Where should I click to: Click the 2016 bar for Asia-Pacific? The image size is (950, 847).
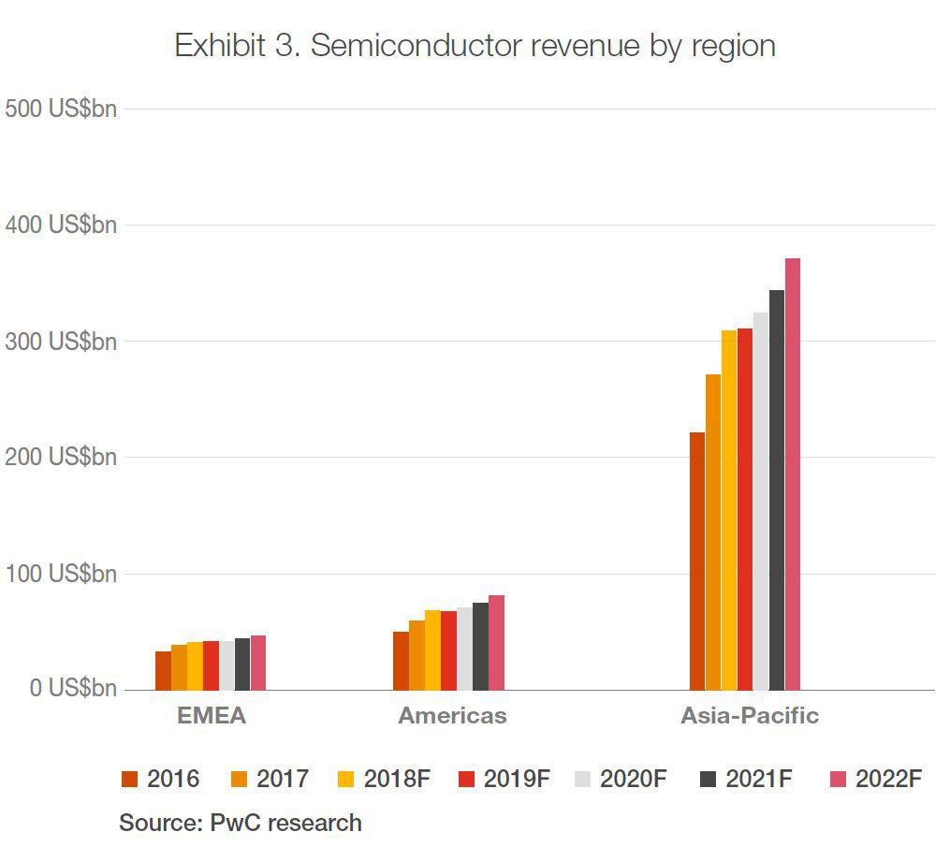click(696, 562)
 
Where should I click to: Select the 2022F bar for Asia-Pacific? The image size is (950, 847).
click(792, 475)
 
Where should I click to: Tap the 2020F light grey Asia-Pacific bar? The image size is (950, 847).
click(760, 502)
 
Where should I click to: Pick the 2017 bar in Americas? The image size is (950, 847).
click(417, 655)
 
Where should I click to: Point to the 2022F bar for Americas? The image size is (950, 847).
click(496, 643)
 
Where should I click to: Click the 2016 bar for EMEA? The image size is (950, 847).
click(163, 671)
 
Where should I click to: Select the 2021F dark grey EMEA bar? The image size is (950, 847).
click(242, 664)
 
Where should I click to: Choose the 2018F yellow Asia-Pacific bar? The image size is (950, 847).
click(728, 510)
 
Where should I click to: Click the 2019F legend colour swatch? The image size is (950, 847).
click(467, 779)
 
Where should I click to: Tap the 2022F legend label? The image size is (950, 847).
click(888, 779)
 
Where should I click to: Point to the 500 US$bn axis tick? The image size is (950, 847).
click(61, 109)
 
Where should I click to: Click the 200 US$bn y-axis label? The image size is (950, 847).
click(61, 457)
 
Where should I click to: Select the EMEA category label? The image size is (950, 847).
click(212, 716)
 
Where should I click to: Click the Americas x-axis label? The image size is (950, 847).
click(452, 716)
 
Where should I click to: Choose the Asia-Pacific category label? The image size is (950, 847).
click(749, 716)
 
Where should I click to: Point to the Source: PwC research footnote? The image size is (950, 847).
click(240, 823)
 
